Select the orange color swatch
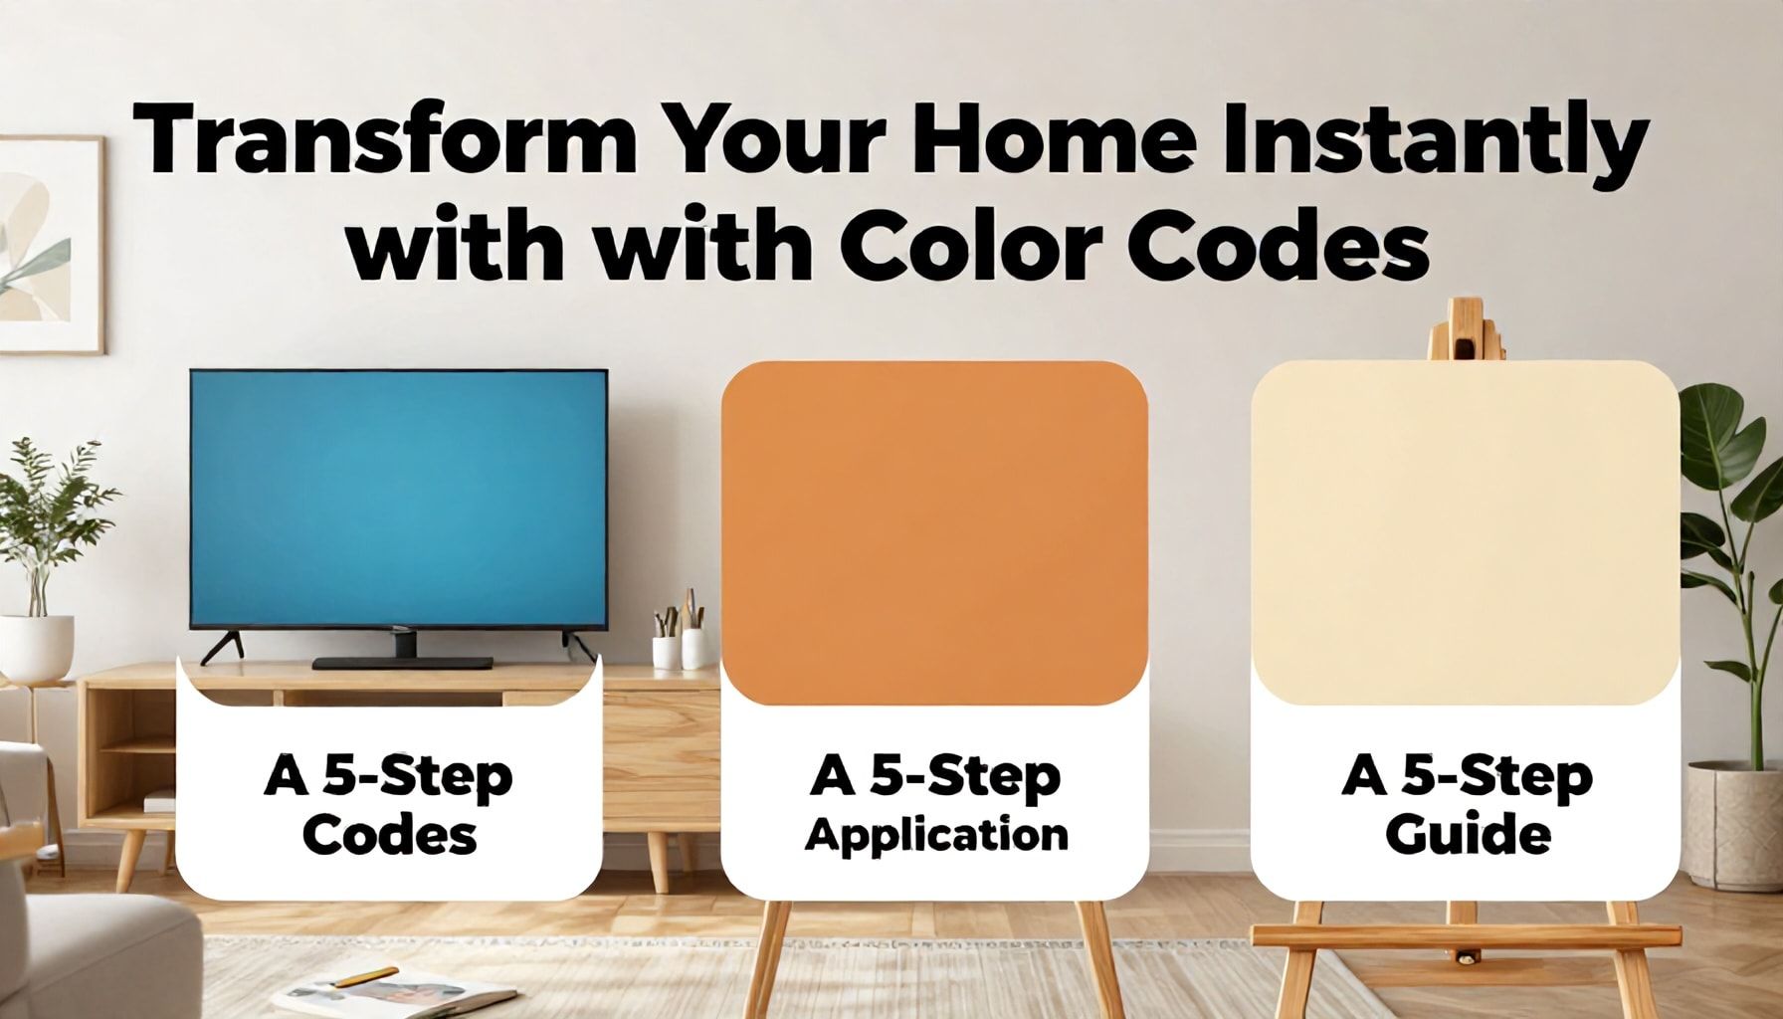point(934,532)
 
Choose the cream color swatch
point(1465,532)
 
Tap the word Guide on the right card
point(1468,834)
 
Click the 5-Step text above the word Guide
point(1497,777)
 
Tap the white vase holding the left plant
point(37,647)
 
